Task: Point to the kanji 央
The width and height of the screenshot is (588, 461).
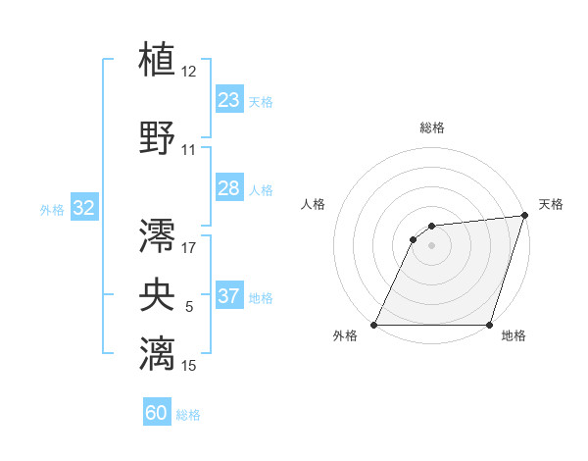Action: click(158, 293)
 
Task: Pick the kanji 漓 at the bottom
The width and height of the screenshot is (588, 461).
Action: click(158, 352)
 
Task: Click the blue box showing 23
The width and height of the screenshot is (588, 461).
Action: click(229, 100)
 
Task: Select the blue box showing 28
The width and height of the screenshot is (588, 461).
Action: click(229, 188)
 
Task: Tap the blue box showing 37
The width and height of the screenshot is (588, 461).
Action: click(229, 296)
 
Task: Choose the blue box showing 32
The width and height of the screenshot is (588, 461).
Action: click(83, 208)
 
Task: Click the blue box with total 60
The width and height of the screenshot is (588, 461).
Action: click(157, 413)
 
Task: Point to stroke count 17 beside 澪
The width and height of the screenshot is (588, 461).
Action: click(189, 247)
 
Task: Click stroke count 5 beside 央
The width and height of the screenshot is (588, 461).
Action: click(189, 307)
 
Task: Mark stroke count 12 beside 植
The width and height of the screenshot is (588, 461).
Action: click(189, 72)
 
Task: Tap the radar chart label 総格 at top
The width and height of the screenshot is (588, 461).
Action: click(431, 128)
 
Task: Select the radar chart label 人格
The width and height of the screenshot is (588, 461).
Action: click(313, 204)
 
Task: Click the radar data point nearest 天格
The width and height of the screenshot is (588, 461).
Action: click(525, 216)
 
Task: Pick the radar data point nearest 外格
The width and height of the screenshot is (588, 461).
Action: click(374, 325)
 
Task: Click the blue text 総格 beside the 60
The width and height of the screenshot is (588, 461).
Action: click(188, 415)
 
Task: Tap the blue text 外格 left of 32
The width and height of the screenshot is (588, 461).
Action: click(52, 209)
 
